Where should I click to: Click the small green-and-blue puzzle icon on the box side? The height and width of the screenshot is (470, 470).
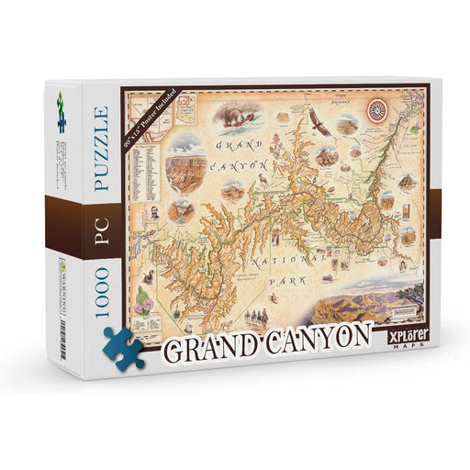(x=61, y=103)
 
